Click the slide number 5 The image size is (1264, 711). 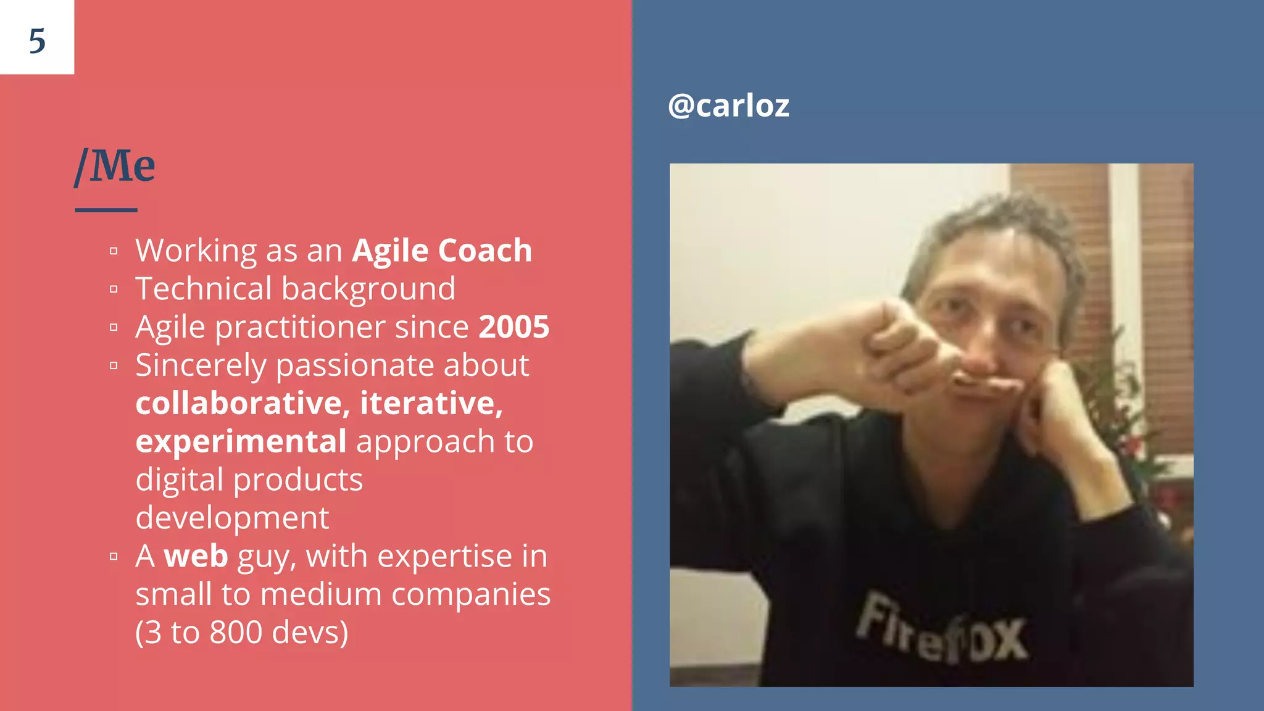coord(37,41)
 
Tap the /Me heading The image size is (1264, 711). coord(115,166)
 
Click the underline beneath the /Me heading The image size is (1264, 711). coord(106,210)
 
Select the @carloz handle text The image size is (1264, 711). coord(728,106)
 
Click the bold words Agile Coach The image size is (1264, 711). coord(442,251)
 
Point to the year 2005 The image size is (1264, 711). coord(513,327)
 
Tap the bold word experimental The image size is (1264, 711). coord(241,442)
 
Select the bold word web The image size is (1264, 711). coord(196,556)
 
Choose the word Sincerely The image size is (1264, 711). coord(201,365)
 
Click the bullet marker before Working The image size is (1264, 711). coord(114,251)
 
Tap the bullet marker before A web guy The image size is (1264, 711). coord(114,557)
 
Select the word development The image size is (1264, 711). coord(232,518)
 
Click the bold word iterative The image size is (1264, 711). coord(431,404)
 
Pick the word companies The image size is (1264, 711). coord(471,594)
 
